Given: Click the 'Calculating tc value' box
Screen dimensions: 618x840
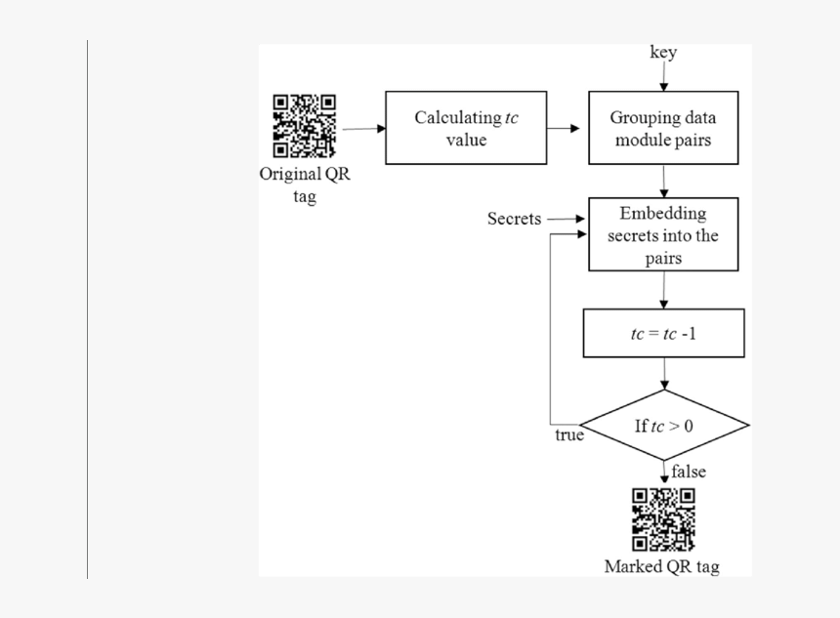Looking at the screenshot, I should (x=466, y=128).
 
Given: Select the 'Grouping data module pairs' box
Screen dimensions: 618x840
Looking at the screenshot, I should (x=664, y=128).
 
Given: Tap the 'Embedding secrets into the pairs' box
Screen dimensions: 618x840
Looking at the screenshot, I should (x=664, y=235).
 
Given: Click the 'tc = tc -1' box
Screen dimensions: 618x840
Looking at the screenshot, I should (x=664, y=334).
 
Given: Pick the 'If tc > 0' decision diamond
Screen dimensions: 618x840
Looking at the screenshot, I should (x=664, y=427).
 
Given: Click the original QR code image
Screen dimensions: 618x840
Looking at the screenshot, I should (x=305, y=126).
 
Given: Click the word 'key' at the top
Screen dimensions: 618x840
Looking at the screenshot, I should (x=663, y=53).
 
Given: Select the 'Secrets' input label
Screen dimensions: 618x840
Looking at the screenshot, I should (x=514, y=219).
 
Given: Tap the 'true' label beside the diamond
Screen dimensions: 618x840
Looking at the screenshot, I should (x=569, y=435).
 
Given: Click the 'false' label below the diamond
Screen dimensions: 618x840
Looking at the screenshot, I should (x=689, y=473).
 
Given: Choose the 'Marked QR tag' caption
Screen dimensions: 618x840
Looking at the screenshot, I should (x=662, y=566).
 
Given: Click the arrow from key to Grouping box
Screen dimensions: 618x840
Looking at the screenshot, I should (x=664, y=78).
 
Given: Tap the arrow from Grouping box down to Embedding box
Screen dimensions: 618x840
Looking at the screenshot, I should (x=664, y=181).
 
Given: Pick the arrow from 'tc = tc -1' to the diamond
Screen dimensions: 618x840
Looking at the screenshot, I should (x=664, y=375).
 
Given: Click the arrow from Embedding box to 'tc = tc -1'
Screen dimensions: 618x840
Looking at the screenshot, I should (x=664, y=290).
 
